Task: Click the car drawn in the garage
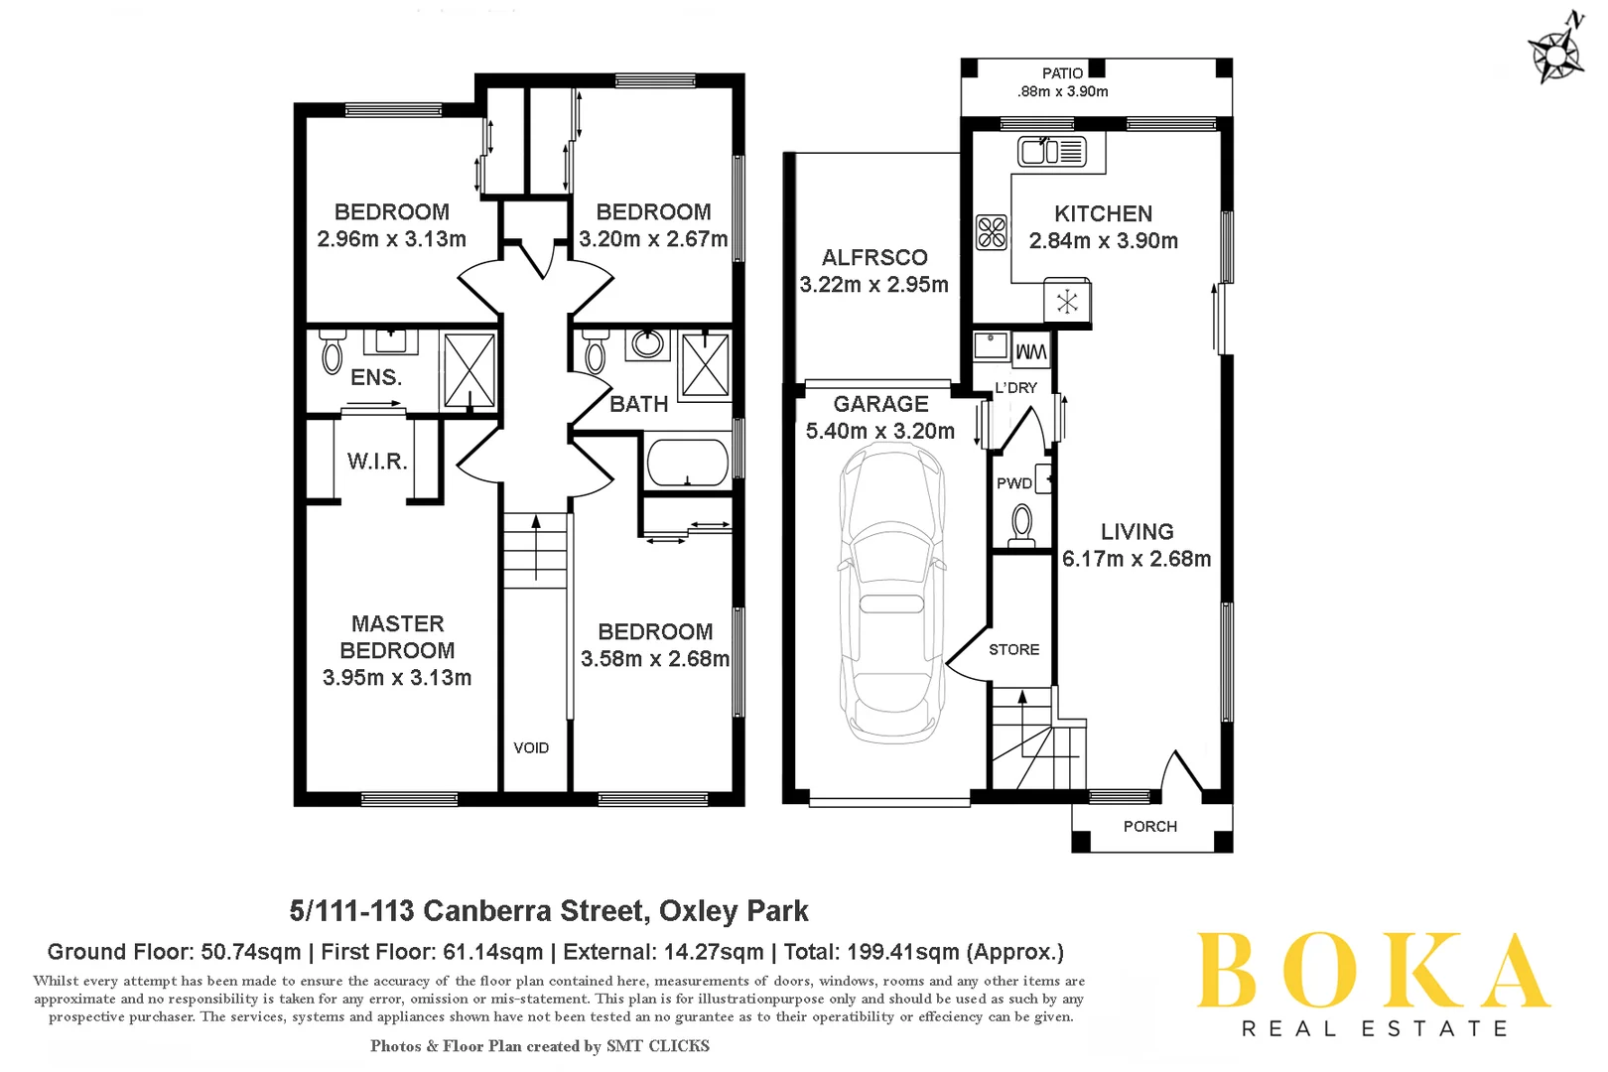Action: tap(890, 594)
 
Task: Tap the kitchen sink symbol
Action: tap(1051, 152)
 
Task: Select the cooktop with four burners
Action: tap(992, 232)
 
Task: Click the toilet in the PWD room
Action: tap(1021, 523)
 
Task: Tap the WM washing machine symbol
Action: tap(1031, 351)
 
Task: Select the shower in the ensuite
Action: tap(469, 370)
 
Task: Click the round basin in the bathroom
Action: tap(648, 344)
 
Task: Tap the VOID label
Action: tap(531, 748)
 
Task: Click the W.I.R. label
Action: tap(377, 462)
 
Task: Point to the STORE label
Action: tap(1013, 650)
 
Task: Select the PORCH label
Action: tap(1149, 827)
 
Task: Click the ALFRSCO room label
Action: tap(874, 258)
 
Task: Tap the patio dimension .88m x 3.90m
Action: tap(1062, 91)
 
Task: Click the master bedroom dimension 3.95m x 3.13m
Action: tap(397, 678)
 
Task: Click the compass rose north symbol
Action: tap(1556, 50)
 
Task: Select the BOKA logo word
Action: tap(1373, 971)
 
